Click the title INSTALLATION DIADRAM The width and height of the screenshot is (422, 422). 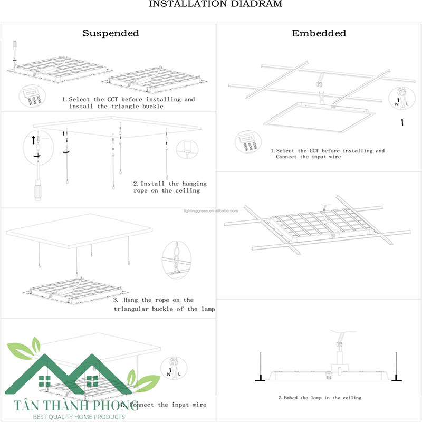click(x=215, y=4)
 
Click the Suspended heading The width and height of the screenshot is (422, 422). click(x=111, y=33)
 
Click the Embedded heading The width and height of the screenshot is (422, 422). click(x=319, y=33)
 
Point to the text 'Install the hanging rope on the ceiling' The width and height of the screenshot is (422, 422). click(x=170, y=187)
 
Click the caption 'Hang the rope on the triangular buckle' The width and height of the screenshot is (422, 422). click(x=164, y=304)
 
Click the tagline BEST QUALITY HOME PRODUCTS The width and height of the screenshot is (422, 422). click(x=79, y=417)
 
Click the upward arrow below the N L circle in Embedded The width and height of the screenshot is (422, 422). click(x=402, y=122)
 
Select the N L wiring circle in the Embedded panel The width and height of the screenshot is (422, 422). click(x=401, y=99)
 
